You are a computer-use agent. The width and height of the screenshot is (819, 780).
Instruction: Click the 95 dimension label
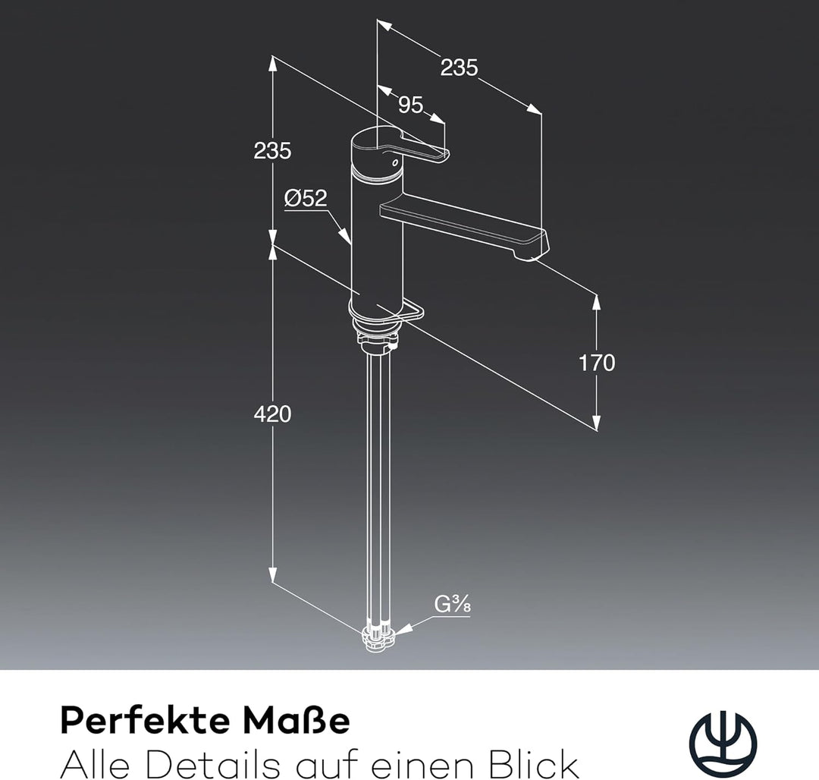click(410, 105)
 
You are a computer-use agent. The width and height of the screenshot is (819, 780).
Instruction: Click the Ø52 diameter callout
click(306, 198)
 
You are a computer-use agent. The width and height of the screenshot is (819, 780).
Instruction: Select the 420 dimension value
click(272, 414)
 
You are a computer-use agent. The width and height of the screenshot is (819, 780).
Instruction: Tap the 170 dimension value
click(597, 363)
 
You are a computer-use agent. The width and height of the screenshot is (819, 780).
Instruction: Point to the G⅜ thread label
click(452, 605)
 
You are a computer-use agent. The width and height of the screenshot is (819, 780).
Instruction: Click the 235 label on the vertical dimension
click(272, 151)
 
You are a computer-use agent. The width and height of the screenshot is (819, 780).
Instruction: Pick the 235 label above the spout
click(459, 68)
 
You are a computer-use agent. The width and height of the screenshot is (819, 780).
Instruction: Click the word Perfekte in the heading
click(145, 721)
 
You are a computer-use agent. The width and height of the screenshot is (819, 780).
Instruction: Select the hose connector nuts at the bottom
click(378, 637)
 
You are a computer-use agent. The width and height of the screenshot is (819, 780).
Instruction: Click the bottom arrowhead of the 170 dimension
click(597, 423)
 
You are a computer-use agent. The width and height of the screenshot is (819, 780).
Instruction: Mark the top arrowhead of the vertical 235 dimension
click(272, 64)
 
